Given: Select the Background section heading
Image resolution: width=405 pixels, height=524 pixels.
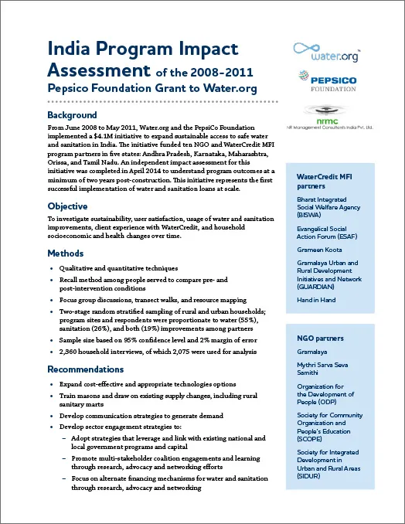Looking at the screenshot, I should tap(72, 115).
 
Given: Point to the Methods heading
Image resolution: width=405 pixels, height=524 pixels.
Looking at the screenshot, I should tap(66, 253).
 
